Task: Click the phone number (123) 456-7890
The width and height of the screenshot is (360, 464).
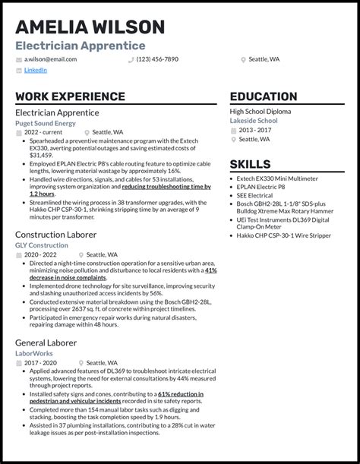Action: point(157,58)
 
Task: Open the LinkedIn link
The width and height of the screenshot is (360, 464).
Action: point(35,70)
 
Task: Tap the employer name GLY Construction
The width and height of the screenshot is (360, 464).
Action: point(42,245)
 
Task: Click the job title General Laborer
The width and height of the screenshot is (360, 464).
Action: point(46,342)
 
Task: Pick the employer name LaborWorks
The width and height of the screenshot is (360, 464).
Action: point(33,353)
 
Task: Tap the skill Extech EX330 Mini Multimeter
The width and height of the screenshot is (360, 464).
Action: point(277,178)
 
